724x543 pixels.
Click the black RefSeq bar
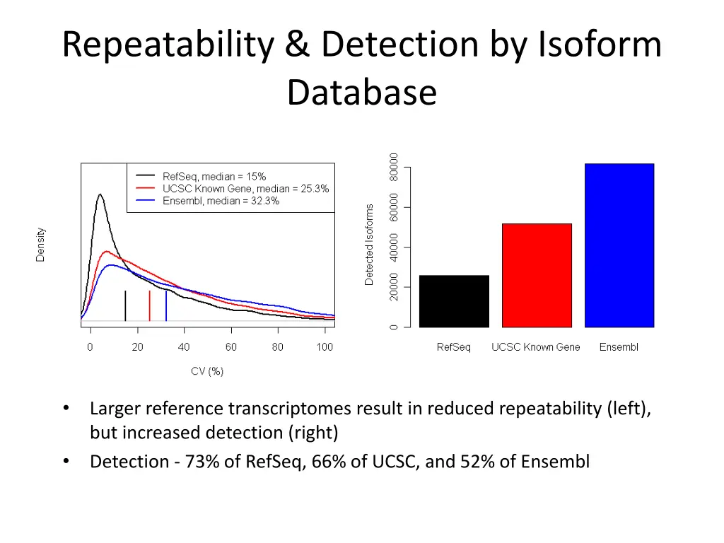point(454,301)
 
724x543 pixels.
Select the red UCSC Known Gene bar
point(537,275)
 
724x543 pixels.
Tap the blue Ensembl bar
point(619,245)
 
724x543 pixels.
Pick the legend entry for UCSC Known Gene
point(245,189)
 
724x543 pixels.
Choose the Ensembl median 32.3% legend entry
point(220,201)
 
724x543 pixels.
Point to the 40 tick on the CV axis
point(184,347)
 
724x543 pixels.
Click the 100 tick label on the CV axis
point(325,347)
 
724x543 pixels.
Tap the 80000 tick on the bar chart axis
point(394,168)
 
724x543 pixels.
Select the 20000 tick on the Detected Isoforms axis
point(394,287)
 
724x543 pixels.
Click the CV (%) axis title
point(207,371)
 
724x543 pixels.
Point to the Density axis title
point(40,244)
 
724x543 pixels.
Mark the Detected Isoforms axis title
point(369,245)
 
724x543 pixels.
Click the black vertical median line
point(125,305)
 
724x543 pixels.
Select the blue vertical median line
point(166,305)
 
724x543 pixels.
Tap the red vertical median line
point(149,305)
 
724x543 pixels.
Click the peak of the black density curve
point(100,194)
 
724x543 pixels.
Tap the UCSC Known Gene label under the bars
point(535,347)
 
